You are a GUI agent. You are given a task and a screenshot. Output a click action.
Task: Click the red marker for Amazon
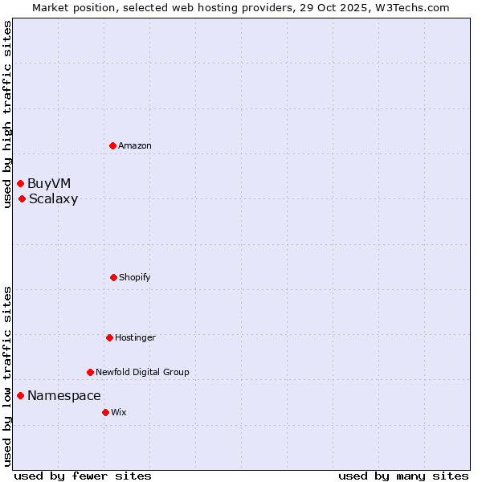(x=112, y=145)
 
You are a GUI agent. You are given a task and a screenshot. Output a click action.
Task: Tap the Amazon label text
(x=135, y=145)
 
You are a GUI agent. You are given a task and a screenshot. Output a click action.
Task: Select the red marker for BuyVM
(x=20, y=184)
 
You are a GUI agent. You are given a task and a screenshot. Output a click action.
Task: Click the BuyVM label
(x=49, y=184)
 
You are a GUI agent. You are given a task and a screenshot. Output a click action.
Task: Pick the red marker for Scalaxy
(x=22, y=199)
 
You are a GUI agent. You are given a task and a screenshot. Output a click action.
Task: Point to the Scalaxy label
(x=53, y=199)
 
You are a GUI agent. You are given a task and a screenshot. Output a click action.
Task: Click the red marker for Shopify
(x=113, y=277)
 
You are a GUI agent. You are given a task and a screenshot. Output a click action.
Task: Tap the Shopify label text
(x=135, y=277)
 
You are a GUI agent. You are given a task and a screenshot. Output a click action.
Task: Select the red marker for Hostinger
(x=109, y=337)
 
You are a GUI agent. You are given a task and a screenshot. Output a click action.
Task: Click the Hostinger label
(x=135, y=337)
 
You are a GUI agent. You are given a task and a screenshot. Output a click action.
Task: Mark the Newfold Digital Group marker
(x=90, y=372)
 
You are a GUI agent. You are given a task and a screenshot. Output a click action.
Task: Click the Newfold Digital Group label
(x=142, y=372)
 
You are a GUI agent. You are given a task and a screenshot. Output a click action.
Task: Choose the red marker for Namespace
(x=20, y=395)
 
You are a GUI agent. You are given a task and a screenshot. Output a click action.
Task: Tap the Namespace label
(x=64, y=395)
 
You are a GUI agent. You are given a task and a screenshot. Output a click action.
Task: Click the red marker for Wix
(x=105, y=412)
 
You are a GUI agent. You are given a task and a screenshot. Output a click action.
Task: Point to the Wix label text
(x=119, y=412)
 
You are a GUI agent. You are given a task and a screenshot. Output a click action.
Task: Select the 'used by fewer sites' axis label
(x=83, y=476)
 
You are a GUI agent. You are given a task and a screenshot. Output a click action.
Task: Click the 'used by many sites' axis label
(x=403, y=476)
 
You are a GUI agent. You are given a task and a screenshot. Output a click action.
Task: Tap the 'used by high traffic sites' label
(x=7, y=114)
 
